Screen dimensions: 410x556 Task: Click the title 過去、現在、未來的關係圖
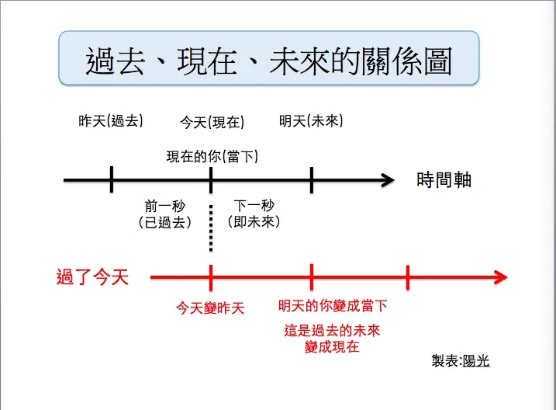pyautogui.click(x=268, y=60)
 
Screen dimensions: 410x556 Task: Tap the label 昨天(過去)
pyautogui.click(x=111, y=121)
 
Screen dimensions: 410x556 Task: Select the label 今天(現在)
pyautogui.click(x=212, y=122)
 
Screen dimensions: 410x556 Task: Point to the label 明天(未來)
pyautogui.click(x=311, y=121)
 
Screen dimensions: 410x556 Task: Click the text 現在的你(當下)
pyautogui.click(x=212, y=156)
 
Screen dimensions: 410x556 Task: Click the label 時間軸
pyautogui.click(x=444, y=180)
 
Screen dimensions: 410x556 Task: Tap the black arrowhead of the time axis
pyautogui.click(x=386, y=181)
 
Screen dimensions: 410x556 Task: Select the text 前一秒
pyautogui.click(x=161, y=206)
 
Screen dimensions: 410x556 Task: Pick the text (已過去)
pyautogui.click(x=161, y=222)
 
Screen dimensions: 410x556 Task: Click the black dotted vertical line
pyautogui.click(x=211, y=229)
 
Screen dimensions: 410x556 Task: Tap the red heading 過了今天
pyautogui.click(x=92, y=276)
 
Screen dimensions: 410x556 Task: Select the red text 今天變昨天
pyautogui.click(x=210, y=308)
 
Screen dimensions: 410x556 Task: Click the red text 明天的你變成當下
pyautogui.click(x=333, y=306)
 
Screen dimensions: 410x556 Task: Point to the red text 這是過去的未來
pyautogui.click(x=333, y=331)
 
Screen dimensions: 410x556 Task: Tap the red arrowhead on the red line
pyautogui.click(x=500, y=277)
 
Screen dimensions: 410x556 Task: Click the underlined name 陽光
pyautogui.click(x=475, y=361)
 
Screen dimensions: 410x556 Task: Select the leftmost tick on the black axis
pyautogui.click(x=112, y=180)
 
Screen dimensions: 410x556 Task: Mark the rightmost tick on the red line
pyautogui.click(x=408, y=277)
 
